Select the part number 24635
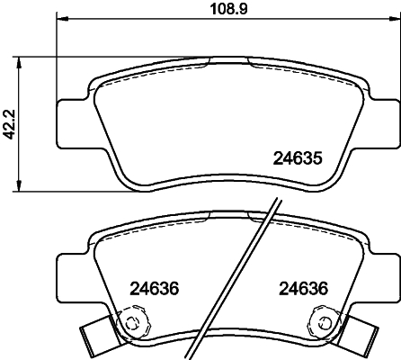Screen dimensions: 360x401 tap(296, 157)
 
